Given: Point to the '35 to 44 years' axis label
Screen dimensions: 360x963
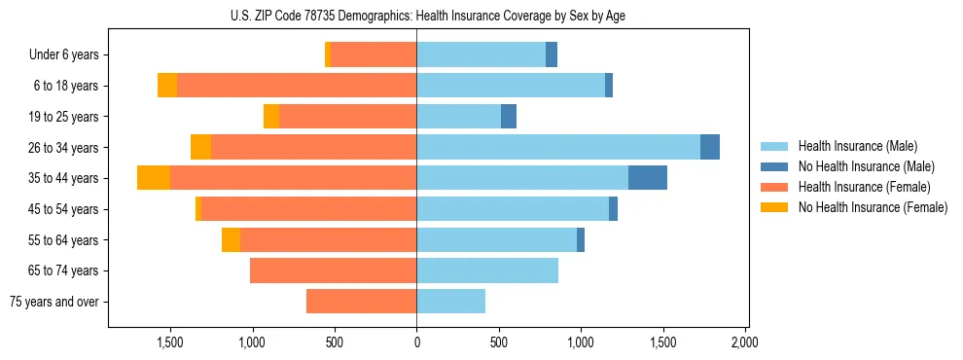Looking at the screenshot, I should pyautogui.click(x=65, y=178).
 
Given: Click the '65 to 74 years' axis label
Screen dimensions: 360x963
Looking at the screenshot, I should pyautogui.click(x=65, y=270).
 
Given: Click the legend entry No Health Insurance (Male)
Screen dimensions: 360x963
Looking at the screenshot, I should pyautogui.click(x=866, y=166).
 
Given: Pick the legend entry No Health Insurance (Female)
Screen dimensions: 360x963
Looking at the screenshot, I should pyautogui.click(x=872, y=207).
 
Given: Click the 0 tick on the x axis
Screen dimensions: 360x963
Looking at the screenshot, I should pyautogui.click(x=416, y=342).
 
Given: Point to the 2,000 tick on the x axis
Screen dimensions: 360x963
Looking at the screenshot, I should pyautogui.click(x=745, y=342).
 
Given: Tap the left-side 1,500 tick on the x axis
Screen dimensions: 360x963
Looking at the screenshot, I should pyautogui.click(x=170, y=342).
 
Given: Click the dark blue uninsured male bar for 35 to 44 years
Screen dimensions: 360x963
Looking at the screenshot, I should pyautogui.click(x=648, y=178).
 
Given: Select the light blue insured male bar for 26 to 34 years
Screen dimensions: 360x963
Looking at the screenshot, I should pyautogui.click(x=558, y=147).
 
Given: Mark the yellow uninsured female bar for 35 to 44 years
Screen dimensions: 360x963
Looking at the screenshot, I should pyautogui.click(x=154, y=178).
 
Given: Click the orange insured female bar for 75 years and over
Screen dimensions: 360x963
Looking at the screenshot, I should pyautogui.click(x=361, y=302).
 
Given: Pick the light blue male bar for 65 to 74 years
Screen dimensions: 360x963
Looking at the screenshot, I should pyautogui.click(x=487, y=270).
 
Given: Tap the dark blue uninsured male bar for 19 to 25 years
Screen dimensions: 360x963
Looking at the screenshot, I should pyautogui.click(x=509, y=117).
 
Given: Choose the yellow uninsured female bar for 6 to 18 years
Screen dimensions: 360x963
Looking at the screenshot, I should pyautogui.click(x=167, y=86).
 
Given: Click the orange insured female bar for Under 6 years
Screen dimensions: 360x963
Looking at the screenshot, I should pyautogui.click(x=374, y=55).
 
